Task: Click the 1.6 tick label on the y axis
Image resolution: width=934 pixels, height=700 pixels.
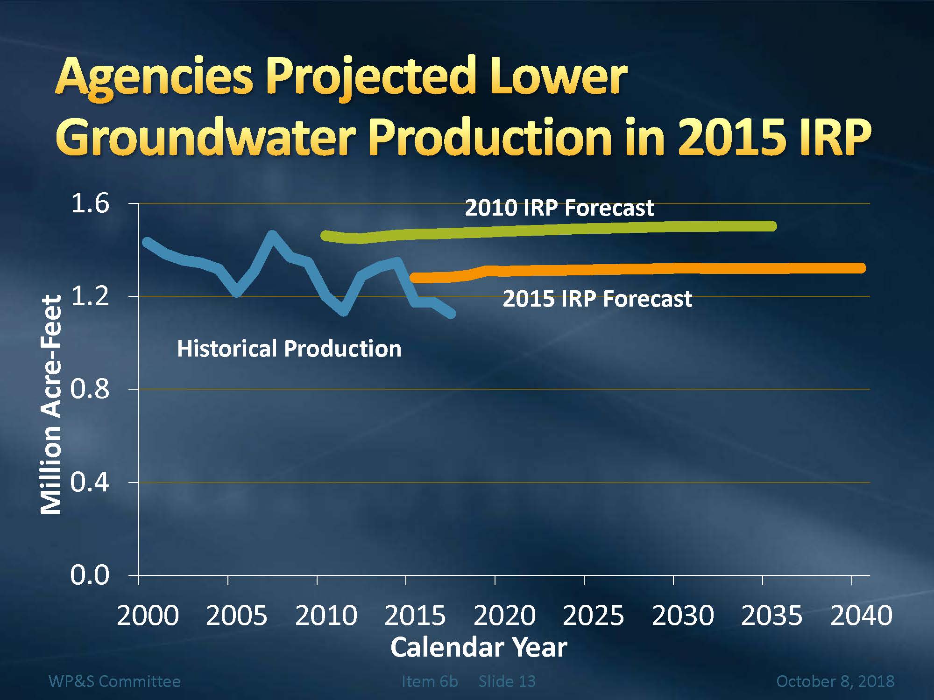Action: (x=90, y=203)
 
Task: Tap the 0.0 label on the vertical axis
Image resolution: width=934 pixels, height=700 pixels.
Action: (x=90, y=575)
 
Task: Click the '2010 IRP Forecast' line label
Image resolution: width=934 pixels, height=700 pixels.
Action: (x=559, y=208)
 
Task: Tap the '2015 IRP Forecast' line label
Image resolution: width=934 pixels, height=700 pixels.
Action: (x=597, y=299)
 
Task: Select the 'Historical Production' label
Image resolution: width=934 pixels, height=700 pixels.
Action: (x=289, y=349)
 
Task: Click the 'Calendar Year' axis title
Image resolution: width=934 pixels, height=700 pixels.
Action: (x=479, y=647)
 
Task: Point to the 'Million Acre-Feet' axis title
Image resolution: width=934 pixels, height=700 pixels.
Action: (x=51, y=405)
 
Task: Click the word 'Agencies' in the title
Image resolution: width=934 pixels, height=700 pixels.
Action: (x=154, y=77)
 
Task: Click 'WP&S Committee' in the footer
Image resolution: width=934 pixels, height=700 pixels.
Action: (x=114, y=681)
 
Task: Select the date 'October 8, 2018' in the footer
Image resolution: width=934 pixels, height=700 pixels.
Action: (x=835, y=681)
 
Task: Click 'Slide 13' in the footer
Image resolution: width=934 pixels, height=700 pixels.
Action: (x=507, y=681)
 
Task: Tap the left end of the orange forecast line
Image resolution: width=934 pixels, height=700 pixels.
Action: (x=414, y=278)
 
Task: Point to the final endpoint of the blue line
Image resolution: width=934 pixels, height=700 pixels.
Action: (x=451, y=314)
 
